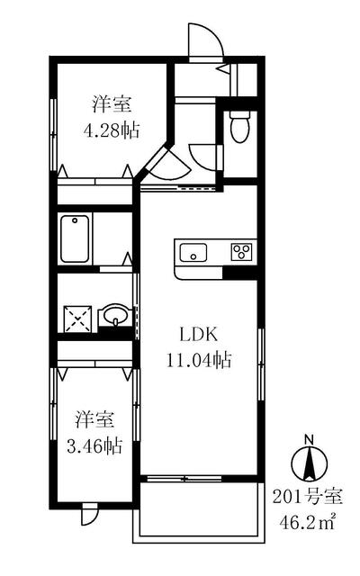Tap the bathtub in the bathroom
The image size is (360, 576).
(x=76, y=237)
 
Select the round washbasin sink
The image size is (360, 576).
(x=114, y=317)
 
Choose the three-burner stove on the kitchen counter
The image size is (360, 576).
(x=241, y=251)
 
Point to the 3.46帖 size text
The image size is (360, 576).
(x=95, y=445)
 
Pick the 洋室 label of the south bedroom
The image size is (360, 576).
(x=94, y=419)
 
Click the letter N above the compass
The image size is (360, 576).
(x=309, y=439)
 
